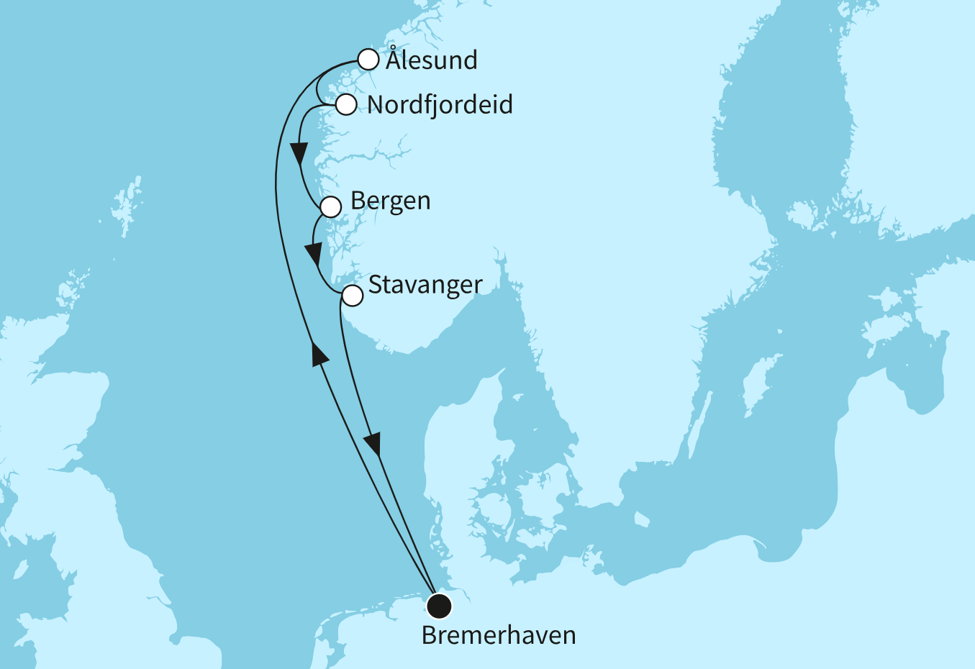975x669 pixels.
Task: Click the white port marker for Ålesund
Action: click(x=368, y=59)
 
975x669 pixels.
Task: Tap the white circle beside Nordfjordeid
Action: click(x=346, y=104)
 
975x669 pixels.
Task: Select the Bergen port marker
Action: click(x=330, y=207)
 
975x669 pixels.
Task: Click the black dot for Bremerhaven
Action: click(x=438, y=606)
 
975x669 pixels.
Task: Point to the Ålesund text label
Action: click(x=431, y=60)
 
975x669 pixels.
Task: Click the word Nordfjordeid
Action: click(x=440, y=105)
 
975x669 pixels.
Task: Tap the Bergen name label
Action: click(x=390, y=201)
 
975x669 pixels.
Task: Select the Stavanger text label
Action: click(x=425, y=285)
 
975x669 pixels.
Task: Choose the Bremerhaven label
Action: click(x=499, y=636)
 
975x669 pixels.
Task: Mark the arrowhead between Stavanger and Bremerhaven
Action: click(x=373, y=444)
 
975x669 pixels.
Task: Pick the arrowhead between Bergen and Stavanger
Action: click(x=313, y=254)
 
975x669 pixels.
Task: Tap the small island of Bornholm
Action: click(x=642, y=519)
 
